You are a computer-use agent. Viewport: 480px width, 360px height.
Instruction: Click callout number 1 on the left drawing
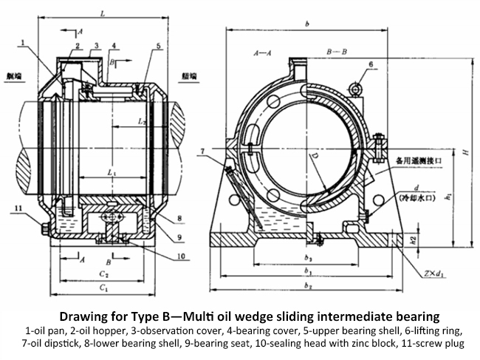click(24, 43)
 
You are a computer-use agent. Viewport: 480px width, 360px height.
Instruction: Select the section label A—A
click(261, 53)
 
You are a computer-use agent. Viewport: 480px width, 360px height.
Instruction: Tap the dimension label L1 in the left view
click(111, 172)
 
